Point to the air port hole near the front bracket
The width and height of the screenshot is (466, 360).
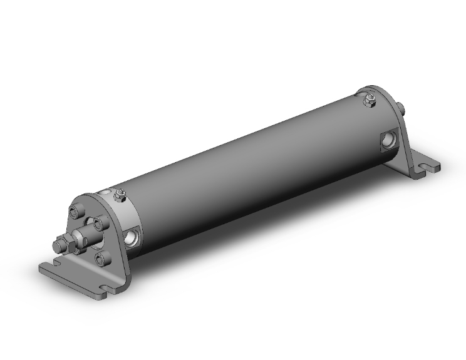coord(132,237)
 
